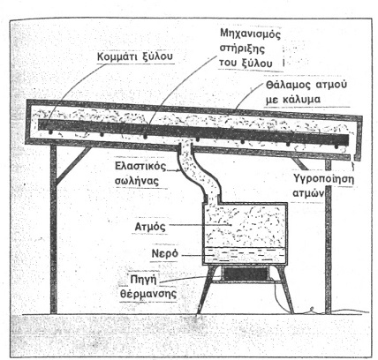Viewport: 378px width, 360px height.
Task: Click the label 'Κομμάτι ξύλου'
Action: coord(135,56)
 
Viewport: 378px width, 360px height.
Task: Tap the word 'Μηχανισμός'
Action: coord(251,34)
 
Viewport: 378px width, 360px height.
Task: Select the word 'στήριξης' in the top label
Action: coord(242,49)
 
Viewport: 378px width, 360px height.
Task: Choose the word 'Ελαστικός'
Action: coord(140,166)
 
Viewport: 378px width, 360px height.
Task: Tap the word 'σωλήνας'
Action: coord(137,181)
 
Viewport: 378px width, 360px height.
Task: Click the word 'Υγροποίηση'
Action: coord(323,179)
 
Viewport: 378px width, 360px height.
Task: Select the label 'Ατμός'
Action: coord(150,227)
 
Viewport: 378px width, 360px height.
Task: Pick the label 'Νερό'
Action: coord(165,253)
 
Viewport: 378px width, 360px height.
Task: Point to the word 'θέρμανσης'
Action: coord(148,294)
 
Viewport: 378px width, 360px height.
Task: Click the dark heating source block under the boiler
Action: coord(245,274)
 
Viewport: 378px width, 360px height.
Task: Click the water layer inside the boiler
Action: coord(245,255)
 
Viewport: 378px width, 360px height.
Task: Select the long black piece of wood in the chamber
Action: coord(193,132)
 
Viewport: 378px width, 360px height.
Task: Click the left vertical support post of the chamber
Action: coord(53,229)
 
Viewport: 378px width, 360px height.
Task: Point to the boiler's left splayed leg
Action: coord(207,289)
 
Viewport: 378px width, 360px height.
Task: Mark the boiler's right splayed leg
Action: coord(284,289)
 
